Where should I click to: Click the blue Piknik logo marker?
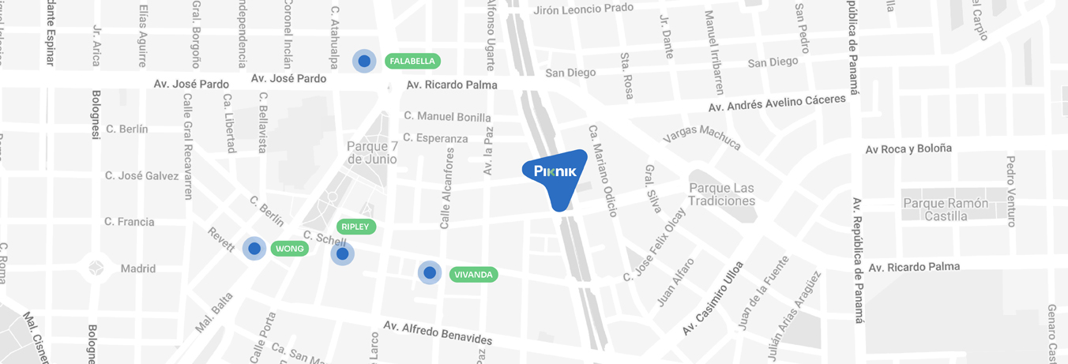556,175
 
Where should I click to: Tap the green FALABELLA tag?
412,61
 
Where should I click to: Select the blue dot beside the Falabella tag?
364,60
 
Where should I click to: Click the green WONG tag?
290,249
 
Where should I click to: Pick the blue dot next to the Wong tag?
254,249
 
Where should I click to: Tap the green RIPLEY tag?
355,227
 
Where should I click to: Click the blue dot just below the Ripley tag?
342,253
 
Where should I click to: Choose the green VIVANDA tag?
473,275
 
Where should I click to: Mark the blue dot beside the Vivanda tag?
430,272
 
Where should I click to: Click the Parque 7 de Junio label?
372,152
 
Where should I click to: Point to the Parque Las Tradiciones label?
722,194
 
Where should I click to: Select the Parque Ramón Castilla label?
946,209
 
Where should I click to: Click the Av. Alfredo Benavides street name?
438,332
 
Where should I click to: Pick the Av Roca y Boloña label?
908,148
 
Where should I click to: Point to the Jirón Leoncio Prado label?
584,9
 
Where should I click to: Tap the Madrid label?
137,268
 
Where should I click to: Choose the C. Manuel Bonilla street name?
447,116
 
